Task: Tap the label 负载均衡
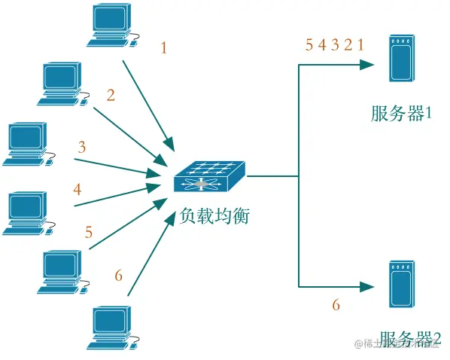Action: click(214, 216)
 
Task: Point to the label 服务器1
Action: click(401, 114)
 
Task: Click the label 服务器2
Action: click(409, 340)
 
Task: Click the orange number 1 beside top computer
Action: click(164, 48)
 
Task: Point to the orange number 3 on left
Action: click(82, 148)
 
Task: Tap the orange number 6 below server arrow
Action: click(336, 305)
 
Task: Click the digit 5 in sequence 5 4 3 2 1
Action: click(309, 44)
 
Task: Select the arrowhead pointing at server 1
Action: click(369, 65)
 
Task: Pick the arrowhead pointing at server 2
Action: click(369, 286)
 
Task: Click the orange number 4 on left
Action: click(78, 189)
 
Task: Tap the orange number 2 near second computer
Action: click(111, 95)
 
